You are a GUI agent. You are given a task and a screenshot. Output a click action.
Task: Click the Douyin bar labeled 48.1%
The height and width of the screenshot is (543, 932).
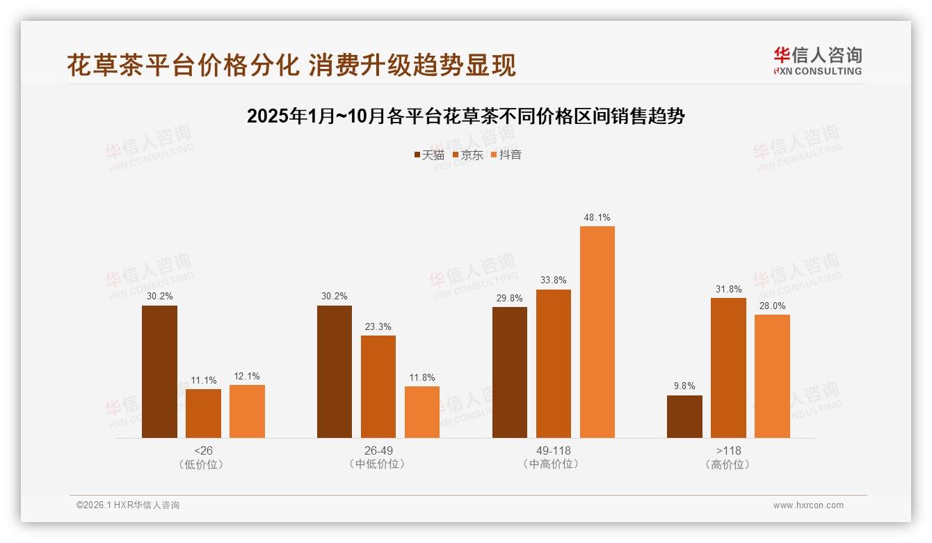point(597,332)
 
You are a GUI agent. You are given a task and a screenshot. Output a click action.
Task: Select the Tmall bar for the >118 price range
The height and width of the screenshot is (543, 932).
point(684,416)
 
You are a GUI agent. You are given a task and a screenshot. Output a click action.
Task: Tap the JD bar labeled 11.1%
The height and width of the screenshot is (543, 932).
point(203,414)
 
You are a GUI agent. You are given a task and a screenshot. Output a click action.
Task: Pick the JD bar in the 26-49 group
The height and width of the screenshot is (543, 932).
point(378,386)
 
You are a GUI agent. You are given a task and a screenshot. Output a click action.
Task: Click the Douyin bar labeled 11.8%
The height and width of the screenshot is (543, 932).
point(422,412)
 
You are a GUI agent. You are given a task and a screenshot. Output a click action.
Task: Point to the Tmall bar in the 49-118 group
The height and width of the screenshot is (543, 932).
point(510,372)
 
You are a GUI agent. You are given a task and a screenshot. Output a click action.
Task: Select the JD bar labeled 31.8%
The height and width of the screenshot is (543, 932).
point(728,368)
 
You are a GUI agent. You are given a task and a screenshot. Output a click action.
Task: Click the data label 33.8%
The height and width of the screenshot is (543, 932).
point(554,281)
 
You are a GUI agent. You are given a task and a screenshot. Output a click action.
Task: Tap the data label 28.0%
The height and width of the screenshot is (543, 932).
point(772,306)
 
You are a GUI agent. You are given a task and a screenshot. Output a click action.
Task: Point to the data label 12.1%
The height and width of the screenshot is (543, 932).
point(247,376)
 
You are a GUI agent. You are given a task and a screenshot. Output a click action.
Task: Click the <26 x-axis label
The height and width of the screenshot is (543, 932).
point(203,450)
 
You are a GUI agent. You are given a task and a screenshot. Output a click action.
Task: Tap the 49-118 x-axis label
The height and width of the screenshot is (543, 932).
point(554,450)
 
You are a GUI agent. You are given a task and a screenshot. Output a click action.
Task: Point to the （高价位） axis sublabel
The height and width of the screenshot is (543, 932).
point(728,464)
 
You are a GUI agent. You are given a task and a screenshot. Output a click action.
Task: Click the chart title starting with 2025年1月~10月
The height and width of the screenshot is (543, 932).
point(466,116)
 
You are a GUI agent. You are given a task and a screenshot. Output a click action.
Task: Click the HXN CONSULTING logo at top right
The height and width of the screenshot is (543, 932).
point(817,61)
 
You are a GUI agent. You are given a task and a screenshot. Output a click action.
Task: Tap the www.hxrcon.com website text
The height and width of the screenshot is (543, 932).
point(808,505)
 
